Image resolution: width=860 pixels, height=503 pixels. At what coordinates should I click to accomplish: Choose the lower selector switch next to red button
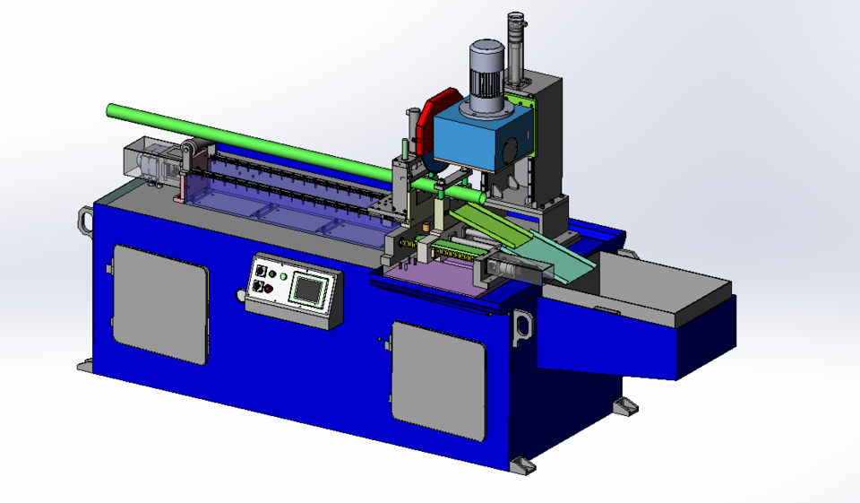(x=259, y=287)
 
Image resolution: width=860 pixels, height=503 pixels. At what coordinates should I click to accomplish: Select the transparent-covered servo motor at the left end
(x=148, y=161)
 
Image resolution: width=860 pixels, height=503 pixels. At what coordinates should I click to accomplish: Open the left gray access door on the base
(x=161, y=305)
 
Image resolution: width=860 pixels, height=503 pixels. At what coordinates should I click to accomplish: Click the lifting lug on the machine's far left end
(x=85, y=220)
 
